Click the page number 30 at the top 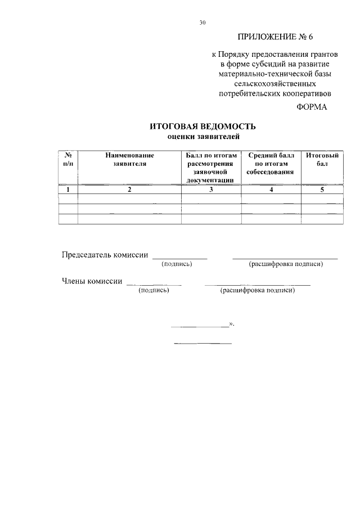(x=203, y=23)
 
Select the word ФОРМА (x=312, y=107)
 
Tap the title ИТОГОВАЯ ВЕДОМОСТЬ (x=203, y=127)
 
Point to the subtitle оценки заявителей (x=203, y=136)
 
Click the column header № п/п (x=68, y=159)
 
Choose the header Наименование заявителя (x=129, y=159)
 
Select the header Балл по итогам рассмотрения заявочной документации (x=210, y=167)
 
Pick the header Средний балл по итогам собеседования (x=271, y=163)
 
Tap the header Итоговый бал (x=322, y=159)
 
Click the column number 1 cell (x=68, y=190)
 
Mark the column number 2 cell (x=129, y=190)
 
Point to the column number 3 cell (x=210, y=190)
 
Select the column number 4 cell (x=271, y=190)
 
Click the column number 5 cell (x=322, y=190)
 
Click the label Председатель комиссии (x=105, y=255)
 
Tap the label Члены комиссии (x=92, y=281)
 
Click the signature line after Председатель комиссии (x=179, y=258)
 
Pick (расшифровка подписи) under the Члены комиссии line (x=258, y=291)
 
